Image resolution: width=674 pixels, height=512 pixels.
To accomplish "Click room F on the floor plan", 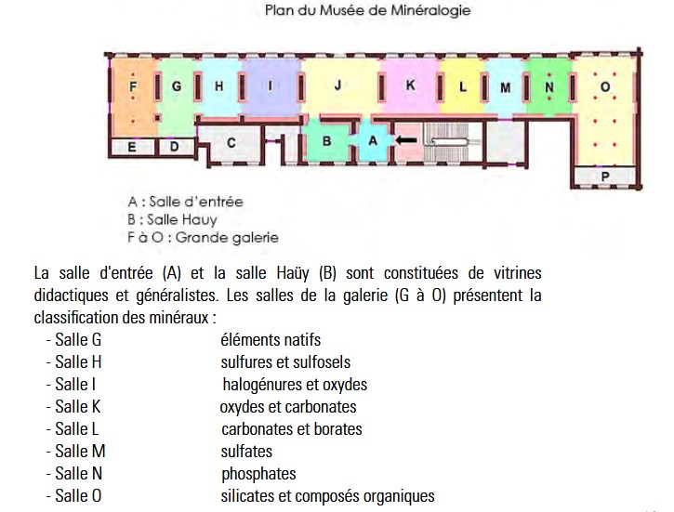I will click(x=133, y=86).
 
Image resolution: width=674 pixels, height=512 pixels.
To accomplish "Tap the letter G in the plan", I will click(x=176, y=86).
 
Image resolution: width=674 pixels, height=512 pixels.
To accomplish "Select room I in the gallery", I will click(x=270, y=86).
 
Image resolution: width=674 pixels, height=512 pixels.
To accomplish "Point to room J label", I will click(x=338, y=85).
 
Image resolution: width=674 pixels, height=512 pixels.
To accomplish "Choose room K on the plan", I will click(x=410, y=85).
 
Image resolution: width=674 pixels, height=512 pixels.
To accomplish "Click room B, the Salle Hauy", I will click(x=327, y=140).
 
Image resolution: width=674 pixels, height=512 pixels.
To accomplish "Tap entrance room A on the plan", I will click(x=373, y=139).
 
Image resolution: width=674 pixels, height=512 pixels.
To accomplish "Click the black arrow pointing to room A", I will click(x=405, y=139).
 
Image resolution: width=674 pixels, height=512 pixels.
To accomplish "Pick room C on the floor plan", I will click(x=231, y=142).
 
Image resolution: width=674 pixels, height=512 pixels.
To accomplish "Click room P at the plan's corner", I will click(x=605, y=176).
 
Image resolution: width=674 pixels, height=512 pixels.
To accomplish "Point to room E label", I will click(x=132, y=147).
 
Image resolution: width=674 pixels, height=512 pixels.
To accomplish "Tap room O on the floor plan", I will click(x=605, y=87).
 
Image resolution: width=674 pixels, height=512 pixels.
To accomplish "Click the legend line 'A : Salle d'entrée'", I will click(x=185, y=201).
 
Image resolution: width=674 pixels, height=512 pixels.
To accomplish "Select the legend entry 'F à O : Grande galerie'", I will click(x=203, y=237).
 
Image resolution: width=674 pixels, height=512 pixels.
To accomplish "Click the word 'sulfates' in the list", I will click(x=247, y=452).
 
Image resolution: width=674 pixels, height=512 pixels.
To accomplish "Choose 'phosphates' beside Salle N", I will click(x=258, y=474).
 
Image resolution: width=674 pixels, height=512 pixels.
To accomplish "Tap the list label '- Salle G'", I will click(x=73, y=340).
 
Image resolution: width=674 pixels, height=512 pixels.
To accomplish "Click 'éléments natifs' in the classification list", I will click(x=271, y=340).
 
